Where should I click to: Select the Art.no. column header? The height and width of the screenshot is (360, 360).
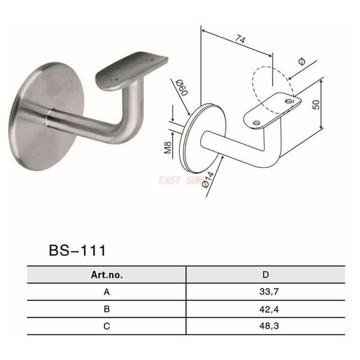106,275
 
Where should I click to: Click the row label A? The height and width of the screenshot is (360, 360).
106,292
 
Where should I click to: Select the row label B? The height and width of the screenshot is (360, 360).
106,308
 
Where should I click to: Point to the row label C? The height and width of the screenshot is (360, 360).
106,326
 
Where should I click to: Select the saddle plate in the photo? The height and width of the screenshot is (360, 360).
132,70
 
